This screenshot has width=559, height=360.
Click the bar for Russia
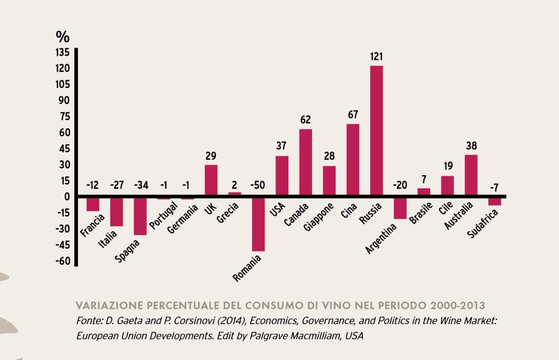pyautogui.click(x=376, y=131)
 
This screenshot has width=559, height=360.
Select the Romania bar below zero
pyautogui.click(x=258, y=224)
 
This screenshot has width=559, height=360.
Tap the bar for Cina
pyautogui.click(x=352, y=160)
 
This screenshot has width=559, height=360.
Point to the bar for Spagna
pyautogui.click(x=140, y=216)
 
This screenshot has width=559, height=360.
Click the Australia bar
pyautogui.click(x=471, y=176)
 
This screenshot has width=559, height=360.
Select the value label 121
pyautogui.click(x=376, y=56)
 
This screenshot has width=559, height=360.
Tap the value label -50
pyautogui.click(x=258, y=185)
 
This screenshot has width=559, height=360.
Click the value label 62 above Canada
pyautogui.click(x=305, y=120)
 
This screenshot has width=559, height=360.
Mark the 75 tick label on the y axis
pyautogui.click(x=64, y=116)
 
